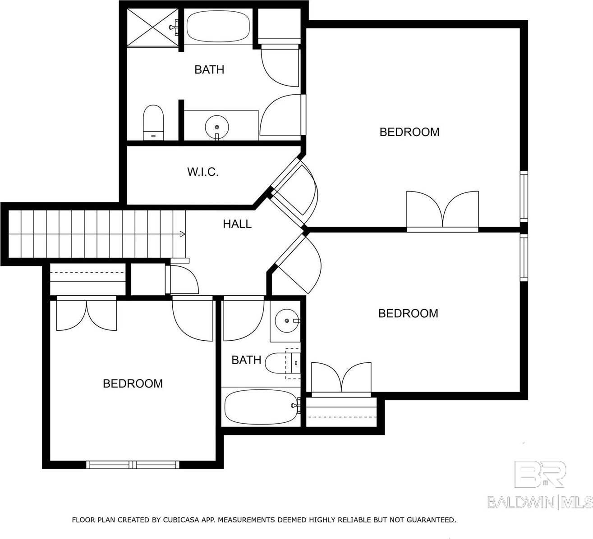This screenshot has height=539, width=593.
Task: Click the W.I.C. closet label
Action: coord(203,172)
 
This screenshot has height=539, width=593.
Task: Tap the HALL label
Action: coord(237,224)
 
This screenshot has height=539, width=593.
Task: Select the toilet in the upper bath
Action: coord(153,122)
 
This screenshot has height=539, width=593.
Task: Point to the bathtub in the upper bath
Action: coord(219,26)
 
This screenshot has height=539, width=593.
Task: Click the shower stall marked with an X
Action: coord(152,26)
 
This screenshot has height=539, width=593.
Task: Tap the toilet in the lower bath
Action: coord(280,364)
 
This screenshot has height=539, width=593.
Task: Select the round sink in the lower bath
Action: coord(286,320)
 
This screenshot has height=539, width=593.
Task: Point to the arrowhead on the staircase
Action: coord(182,234)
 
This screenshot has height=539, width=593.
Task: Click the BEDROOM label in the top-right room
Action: coord(409,132)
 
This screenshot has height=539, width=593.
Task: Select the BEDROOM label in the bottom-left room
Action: coord(133,384)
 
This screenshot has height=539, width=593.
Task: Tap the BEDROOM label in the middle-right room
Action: coord(408,313)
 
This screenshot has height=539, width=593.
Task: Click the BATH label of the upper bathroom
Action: coord(209,69)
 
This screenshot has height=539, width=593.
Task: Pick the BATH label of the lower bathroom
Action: coord(246,360)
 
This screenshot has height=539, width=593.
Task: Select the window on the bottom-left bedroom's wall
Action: coord(133,464)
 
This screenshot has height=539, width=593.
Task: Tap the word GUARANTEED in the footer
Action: coord(432,520)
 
